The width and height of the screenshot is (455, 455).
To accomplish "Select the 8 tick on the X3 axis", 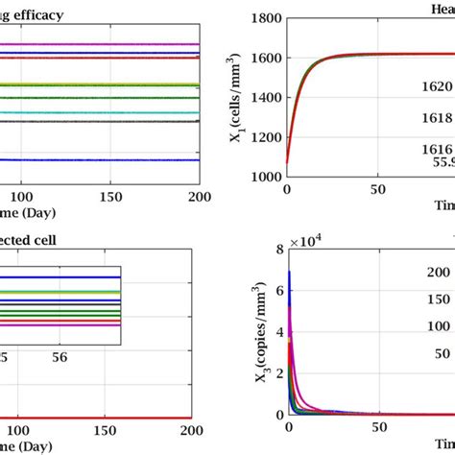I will (x=275, y=252).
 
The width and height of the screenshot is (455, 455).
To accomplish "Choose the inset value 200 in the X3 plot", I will (x=438, y=273).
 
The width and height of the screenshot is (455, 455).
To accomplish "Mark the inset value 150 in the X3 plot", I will (x=438, y=299).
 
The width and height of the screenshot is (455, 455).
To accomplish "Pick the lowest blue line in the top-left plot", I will (x=96, y=159).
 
